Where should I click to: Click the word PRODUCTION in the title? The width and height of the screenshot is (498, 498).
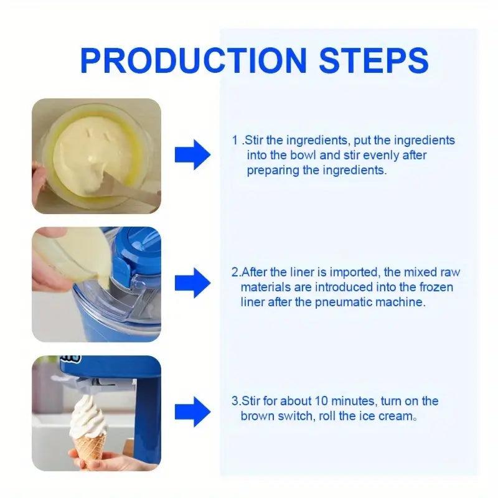[x=193, y=60]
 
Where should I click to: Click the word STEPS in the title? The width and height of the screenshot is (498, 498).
[x=374, y=60]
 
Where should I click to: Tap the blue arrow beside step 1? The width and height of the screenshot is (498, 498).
[x=192, y=154]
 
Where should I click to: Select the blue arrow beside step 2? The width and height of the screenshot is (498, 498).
[x=192, y=283]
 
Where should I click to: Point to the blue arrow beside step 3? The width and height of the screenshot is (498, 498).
[x=192, y=411]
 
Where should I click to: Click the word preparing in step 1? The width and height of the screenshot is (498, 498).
[x=273, y=171]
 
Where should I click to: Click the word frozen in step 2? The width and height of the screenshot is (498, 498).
[x=436, y=287]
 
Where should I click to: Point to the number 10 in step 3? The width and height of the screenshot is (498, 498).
[x=321, y=401]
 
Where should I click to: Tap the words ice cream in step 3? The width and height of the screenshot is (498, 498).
[x=386, y=416]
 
